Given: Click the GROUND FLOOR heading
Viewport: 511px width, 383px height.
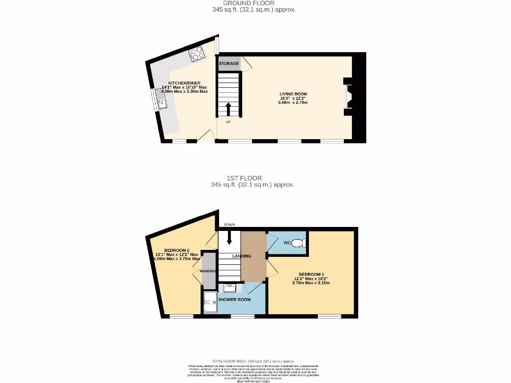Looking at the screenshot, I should tap(255, 3).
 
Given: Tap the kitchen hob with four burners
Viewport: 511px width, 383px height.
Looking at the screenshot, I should tap(195, 53).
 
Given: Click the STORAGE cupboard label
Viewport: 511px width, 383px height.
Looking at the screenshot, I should tap(229, 64).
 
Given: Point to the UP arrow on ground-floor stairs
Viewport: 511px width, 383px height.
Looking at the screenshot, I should tap(229, 109).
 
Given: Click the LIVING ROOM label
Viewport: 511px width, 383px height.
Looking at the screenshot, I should tap(293, 94).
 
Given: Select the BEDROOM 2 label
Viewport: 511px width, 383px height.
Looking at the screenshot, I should tap(177, 250).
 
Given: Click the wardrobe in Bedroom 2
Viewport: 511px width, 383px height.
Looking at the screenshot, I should tap(209, 271).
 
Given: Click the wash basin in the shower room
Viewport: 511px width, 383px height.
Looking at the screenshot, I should tap(230, 288).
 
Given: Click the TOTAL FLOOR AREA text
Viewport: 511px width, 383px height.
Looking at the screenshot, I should tap(253, 361).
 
